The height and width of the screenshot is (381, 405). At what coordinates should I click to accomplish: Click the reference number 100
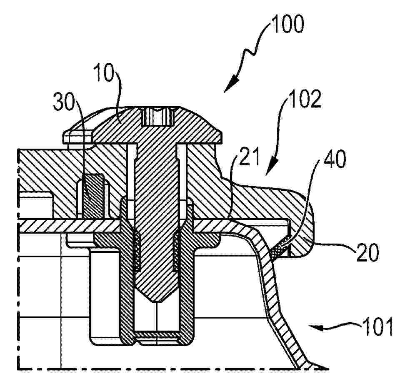287,24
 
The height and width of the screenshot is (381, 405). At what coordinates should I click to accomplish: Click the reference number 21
249,157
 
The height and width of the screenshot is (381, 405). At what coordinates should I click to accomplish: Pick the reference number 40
335,160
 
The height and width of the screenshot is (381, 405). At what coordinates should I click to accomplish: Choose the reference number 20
367,253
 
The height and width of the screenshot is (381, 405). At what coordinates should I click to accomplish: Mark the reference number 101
377,327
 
